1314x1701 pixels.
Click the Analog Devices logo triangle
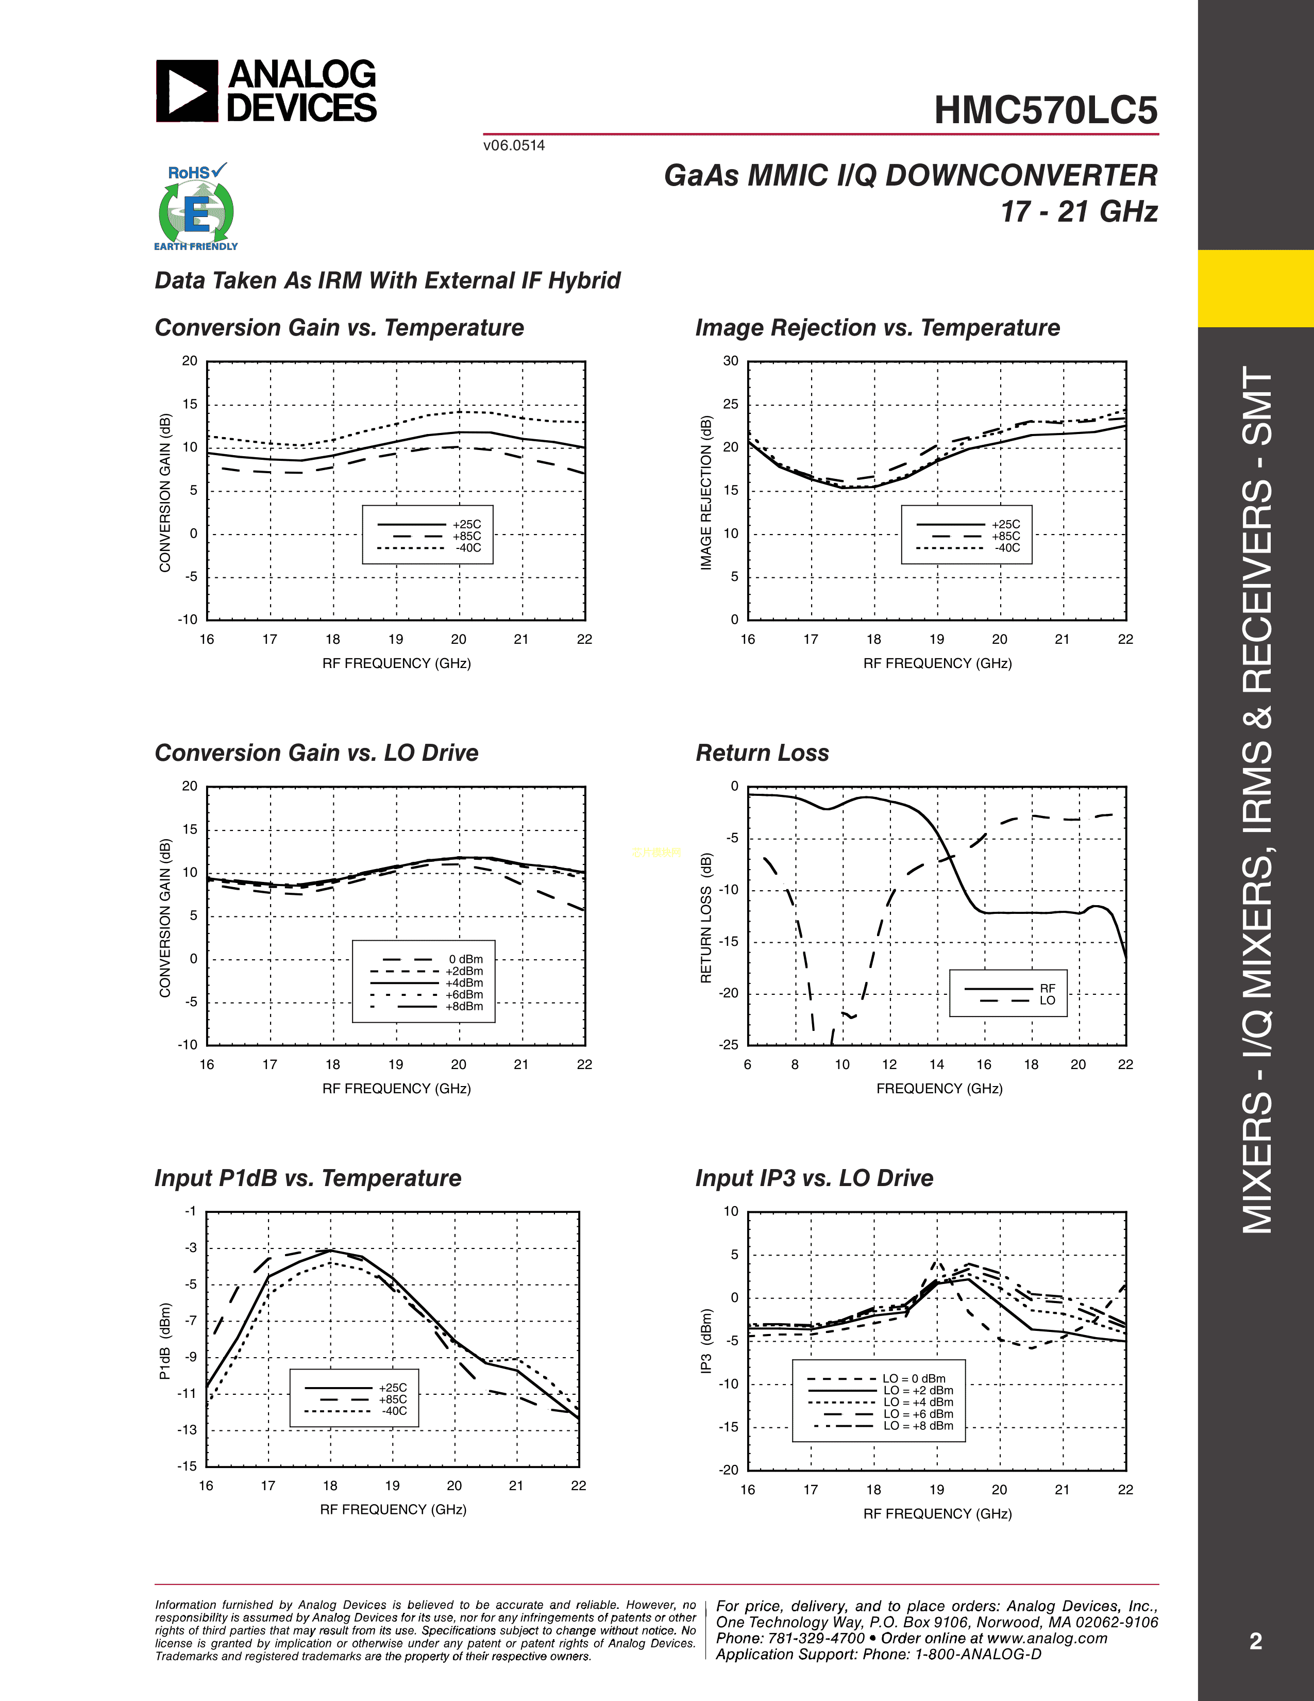187,92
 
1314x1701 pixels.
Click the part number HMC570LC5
1046,111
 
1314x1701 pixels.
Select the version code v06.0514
514,146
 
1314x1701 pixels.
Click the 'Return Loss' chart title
762,753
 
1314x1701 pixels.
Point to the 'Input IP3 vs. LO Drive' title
814,1178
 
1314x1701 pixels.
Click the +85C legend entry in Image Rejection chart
1006,536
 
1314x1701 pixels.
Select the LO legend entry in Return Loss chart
1047,1000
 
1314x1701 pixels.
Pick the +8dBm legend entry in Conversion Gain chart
464,1006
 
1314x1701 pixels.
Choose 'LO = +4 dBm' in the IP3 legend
918,1402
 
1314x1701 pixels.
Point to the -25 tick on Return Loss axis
729,1044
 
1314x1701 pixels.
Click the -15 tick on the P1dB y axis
188,1466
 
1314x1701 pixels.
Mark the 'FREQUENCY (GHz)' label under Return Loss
939,1088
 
